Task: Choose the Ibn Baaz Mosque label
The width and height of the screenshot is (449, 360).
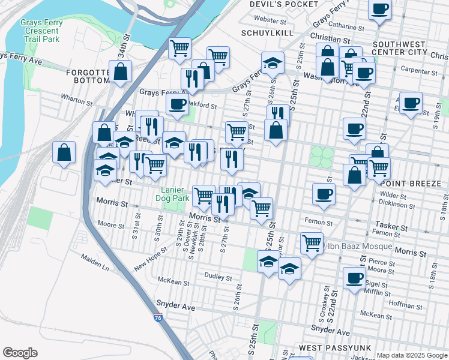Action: (x=358, y=246)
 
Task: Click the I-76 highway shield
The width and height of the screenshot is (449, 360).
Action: (x=158, y=315)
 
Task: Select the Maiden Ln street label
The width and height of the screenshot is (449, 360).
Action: (x=97, y=262)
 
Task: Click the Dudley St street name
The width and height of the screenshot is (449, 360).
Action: (x=218, y=278)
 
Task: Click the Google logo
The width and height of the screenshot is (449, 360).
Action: (x=20, y=353)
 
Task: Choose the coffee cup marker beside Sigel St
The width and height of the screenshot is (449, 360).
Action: (x=355, y=278)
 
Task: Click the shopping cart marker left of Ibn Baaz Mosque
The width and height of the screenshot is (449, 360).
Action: (x=312, y=243)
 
